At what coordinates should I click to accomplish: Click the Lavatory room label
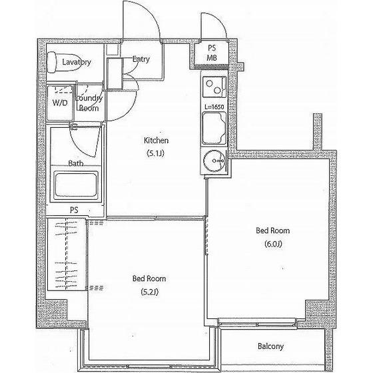point(77,63)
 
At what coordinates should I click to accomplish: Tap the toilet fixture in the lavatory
point(64,62)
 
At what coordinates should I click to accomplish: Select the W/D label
point(60,103)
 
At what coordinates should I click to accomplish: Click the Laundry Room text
point(89,103)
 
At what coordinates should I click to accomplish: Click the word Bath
point(76,163)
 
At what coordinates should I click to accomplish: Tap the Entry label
point(141,59)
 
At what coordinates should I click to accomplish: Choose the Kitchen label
point(156,141)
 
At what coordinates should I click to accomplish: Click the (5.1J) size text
point(156,153)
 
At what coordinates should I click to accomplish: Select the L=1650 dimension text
point(214,107)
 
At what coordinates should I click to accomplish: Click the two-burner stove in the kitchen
point(214,87)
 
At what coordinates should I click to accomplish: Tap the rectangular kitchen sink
point(214,129)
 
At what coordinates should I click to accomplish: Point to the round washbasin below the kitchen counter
point(214,161)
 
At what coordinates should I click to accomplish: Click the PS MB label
point(212,53)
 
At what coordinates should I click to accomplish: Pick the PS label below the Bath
point(74,210)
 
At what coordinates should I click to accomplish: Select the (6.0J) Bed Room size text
point(273,244)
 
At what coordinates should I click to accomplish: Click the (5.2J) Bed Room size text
point(150,292)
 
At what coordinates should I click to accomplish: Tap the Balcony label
point(270,346)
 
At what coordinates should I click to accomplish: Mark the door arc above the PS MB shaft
point(220,20)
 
